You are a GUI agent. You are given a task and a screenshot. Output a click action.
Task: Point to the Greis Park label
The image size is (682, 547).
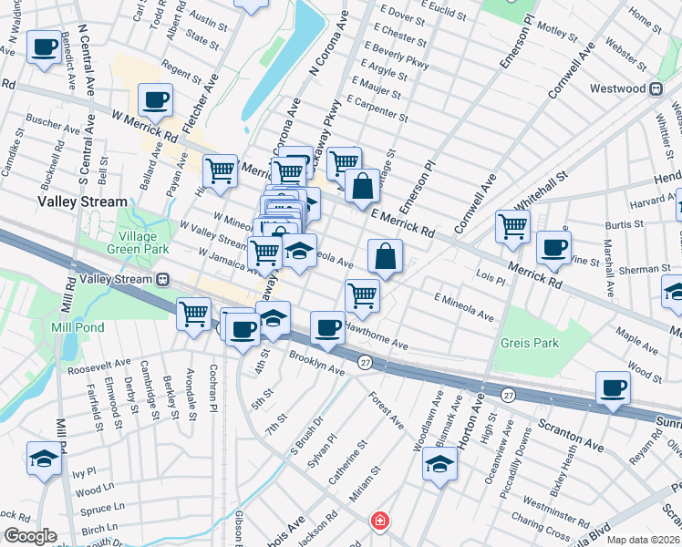pyautogui.click(x=528, y=345)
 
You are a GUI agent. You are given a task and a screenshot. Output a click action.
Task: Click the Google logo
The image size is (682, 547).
pyautogui.click(x=30, y=536)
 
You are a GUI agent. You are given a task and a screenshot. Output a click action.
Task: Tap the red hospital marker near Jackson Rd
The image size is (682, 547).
pyautogui.click(x=378, y=522)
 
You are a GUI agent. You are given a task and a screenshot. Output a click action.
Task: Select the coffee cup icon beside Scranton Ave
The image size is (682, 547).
pyautogui.click(x=613, y=387)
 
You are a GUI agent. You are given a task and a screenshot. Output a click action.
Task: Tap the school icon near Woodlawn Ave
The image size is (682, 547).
pyautogui.click(x=439, y=464)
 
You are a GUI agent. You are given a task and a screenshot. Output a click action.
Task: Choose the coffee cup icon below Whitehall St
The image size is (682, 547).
pyautogui.click(x=553, y=247)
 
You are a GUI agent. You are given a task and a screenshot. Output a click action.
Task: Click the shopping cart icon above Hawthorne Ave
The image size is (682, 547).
pyautogui.click(x=362, y=295)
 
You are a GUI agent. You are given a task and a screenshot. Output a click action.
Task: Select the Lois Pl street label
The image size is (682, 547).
pyautogui.click(x=490, y=272)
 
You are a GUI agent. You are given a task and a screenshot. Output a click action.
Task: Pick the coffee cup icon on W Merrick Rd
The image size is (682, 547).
pyautogui.click(x=155, y=99)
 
